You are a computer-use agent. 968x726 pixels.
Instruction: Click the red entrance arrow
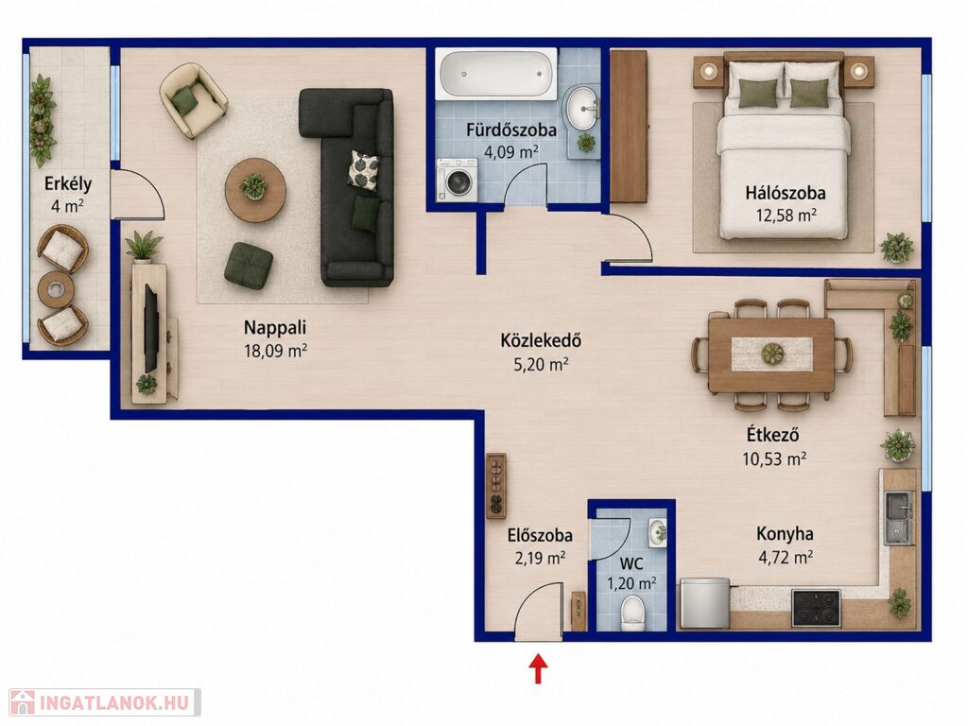(540, 669)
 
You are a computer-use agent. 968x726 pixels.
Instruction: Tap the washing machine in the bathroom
(457, 179)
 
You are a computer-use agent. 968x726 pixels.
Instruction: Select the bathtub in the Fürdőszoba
(496, 74)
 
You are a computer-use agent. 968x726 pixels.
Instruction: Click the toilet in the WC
(632, 613)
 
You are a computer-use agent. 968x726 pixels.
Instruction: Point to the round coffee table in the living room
(255, 189)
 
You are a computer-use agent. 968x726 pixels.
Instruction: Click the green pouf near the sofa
(249, 266)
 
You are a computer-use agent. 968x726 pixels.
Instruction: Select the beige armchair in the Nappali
(193, 100)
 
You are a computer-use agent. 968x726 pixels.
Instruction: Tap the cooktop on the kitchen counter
(816, 608)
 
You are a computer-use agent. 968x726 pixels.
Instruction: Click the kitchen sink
(898, 518)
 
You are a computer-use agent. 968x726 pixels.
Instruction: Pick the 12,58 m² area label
(786, 216)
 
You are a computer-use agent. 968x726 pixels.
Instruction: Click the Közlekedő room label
(541, 340)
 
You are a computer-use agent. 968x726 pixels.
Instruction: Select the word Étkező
(772, 435)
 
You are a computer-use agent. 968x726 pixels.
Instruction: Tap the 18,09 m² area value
(276, 352)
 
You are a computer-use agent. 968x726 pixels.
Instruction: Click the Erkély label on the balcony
(68, 184)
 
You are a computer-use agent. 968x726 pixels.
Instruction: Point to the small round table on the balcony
(56, 289)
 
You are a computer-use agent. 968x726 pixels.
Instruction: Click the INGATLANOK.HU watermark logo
(105, 702)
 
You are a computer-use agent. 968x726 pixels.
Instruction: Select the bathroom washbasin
(581, 109)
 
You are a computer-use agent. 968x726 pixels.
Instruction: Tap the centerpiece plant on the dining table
(772, 354)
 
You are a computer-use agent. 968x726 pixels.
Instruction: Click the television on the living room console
(152, 328)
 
